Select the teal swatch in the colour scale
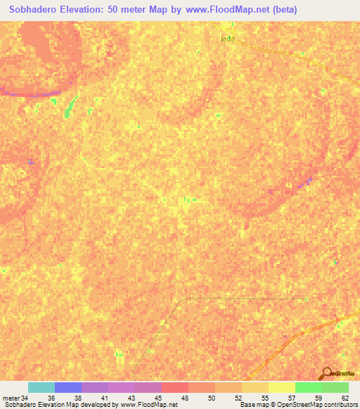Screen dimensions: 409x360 (x=41, y=387)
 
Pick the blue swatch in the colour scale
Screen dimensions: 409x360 (x=68, y=387)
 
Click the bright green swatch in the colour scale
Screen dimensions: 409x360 (x=308, y=387)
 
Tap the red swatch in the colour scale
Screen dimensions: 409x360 (x=174, y=387)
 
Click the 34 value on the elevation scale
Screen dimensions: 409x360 (x=25, y=397)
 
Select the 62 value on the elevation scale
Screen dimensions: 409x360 (x=345, y=397)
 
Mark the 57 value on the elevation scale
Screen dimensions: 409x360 (x=292, y=397)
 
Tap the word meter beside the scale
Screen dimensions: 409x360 (x=11, y=397)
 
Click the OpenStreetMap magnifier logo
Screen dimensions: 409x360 (x=328, y=372)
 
